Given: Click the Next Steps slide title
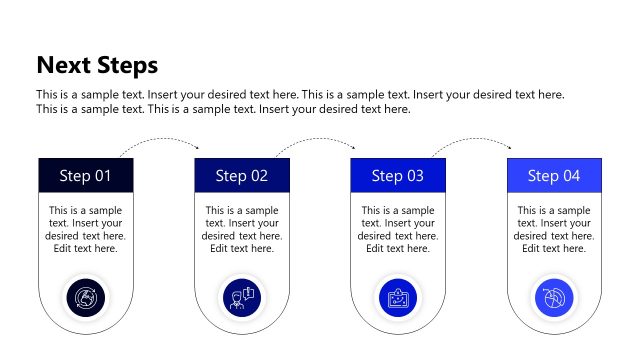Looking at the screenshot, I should [97, 66].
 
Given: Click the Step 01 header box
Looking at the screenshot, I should [86, 176].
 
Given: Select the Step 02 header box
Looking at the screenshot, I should [242, 176].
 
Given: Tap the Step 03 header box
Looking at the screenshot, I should [398, 176].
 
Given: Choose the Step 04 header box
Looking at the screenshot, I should [554, 176].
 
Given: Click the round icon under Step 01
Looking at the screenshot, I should [85, 298].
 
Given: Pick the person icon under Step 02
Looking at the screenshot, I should [241, 298].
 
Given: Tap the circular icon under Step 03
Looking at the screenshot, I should [398, 298].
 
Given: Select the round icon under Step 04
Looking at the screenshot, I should [554, 298].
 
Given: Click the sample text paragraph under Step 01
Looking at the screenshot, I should [86, 229].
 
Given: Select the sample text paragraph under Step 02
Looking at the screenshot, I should [242, 229].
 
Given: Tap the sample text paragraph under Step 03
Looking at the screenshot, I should [398, 229].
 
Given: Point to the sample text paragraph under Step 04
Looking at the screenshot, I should [554, 229].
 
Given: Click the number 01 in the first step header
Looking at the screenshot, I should [102, 176].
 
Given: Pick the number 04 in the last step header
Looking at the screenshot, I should [570, 176].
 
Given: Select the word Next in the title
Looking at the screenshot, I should [62, 66].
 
